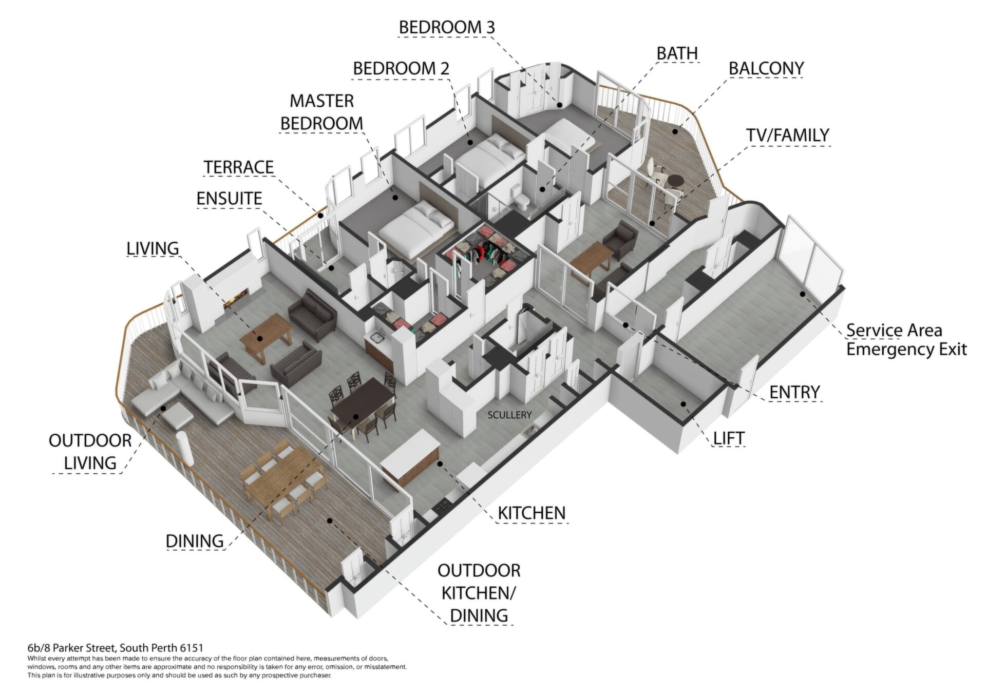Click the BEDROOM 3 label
pos(447,27)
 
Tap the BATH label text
pos(677,53)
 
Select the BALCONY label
pos(766,68)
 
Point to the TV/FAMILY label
pos(787,135)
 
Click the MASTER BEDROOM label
pos(321,112)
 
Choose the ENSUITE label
pos(229,199)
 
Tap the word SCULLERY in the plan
pos(509,415)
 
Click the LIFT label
pos(729,438)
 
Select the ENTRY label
pos(794,393)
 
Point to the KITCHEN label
pos(532,513)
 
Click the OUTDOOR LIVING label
pos(90,452)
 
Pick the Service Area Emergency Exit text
pos(906,340)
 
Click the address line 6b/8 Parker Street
pos(115,648)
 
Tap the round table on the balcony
pos(674,181)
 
